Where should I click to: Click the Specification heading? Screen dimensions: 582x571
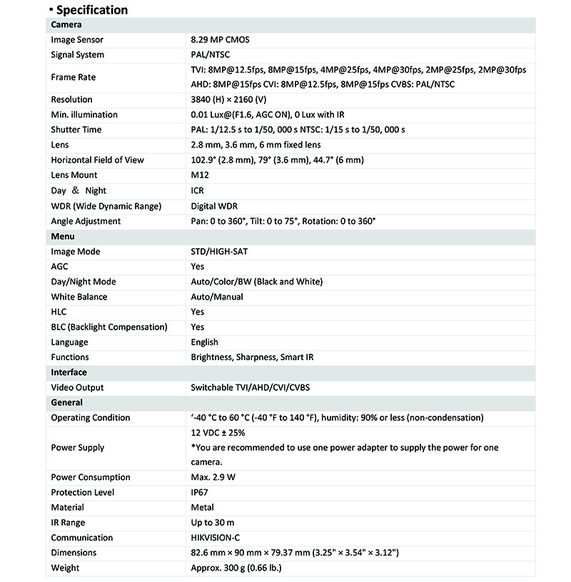pos(91,10)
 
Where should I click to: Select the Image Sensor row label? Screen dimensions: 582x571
pos(77,40)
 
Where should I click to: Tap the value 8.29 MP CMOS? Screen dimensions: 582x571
pos(220,40)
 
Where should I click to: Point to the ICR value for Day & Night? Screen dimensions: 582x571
pos(197,190)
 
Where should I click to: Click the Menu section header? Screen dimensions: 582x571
pos(63,236)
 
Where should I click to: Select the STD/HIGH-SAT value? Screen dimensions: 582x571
pos(220,252)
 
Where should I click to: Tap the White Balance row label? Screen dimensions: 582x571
pos(79,297)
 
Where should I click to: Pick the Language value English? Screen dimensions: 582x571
pos(205,342)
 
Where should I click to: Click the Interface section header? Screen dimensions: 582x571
pos(69,372)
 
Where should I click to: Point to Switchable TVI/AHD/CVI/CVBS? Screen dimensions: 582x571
pos(251,387)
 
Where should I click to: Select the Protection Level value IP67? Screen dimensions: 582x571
pos(199,493)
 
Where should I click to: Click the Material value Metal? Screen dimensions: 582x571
pos(203,508)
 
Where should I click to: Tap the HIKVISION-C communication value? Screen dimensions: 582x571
pos(221,538)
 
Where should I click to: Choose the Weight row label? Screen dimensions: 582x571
pos(65,568)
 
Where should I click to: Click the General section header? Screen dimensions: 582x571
pos(67,402)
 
